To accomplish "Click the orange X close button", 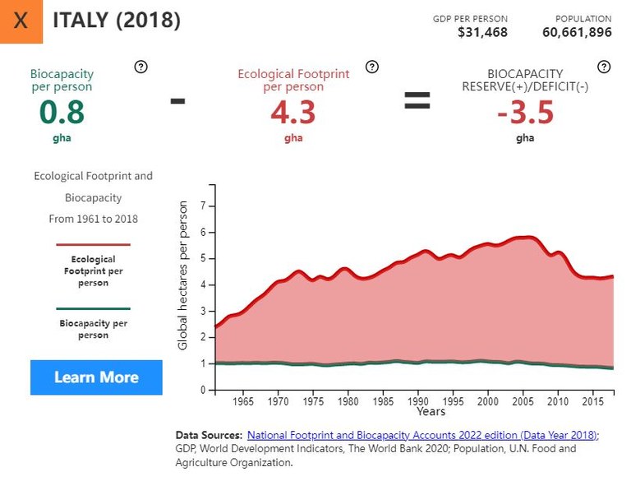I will (21, 21).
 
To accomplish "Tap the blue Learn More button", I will (96, 377).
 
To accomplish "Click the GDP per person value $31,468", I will (482, 33).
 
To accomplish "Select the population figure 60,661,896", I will (577, 33).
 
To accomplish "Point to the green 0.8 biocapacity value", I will (62, 112).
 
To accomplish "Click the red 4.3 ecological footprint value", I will (293, 113).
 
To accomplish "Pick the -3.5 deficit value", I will (525, 112).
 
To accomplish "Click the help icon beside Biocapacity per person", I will (140, 67).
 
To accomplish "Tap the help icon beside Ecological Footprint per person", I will (372, 67).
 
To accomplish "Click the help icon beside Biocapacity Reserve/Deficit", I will (604, 67).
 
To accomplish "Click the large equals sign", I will (417, 101).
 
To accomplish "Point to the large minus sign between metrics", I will (177, 101).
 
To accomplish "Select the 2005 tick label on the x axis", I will (523, 402).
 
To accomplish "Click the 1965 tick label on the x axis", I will (243, 402).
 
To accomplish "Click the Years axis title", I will (431, 411).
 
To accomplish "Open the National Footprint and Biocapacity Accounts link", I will (422, 435).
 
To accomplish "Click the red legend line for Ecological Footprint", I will (93, 245).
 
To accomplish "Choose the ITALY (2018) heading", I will (117, 21).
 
